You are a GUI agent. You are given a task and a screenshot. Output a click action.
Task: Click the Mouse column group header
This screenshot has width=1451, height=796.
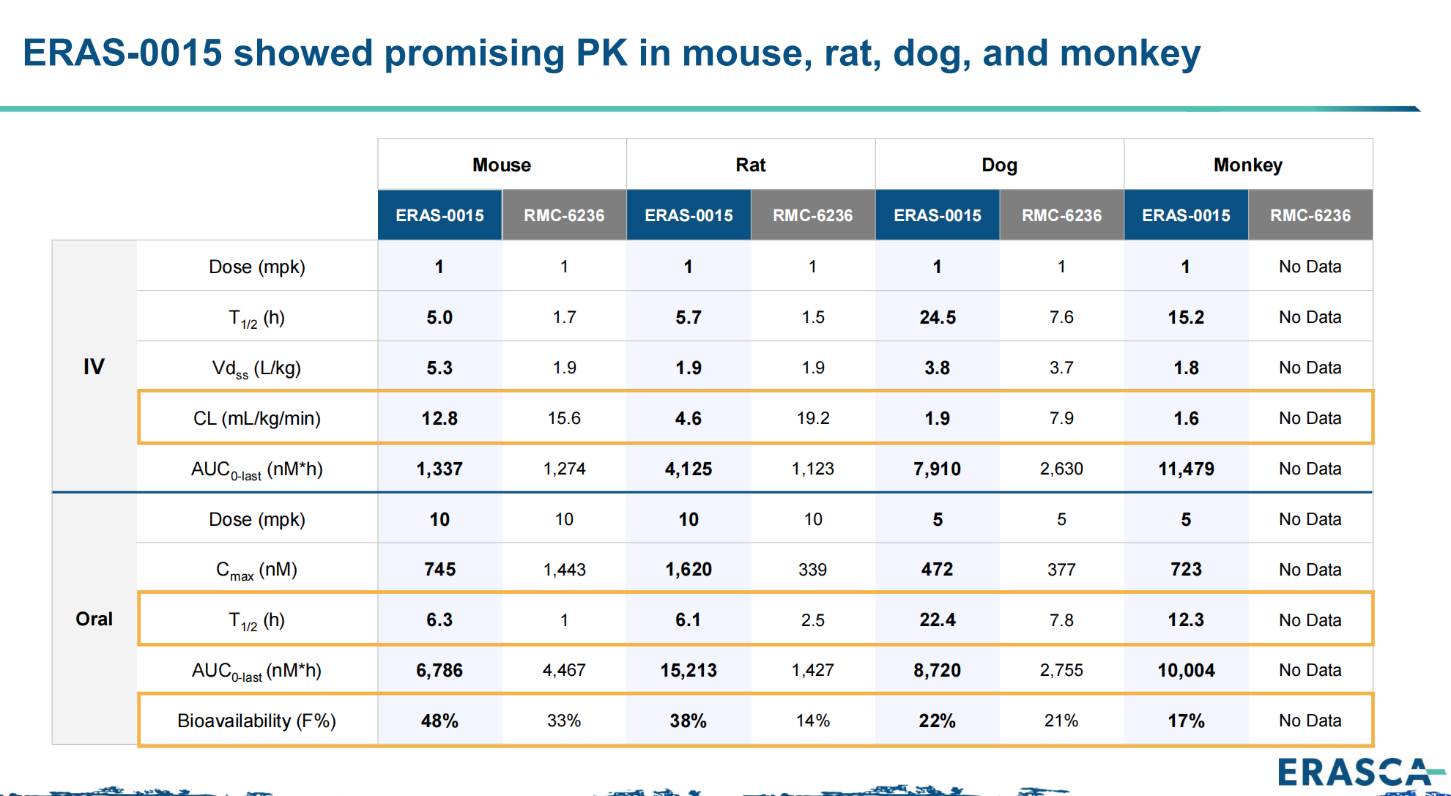point(502,165)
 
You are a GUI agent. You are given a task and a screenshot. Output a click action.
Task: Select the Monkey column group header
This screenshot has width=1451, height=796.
point(1247,165)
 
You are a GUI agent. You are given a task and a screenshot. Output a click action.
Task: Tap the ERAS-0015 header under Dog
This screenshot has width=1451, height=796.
point(937,215)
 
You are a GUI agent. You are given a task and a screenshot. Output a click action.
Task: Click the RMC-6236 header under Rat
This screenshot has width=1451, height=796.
point(812,215)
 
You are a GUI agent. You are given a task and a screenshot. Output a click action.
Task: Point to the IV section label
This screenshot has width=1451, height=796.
point(94,366)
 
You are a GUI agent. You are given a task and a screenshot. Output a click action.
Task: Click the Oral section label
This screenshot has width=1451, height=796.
point(94,619)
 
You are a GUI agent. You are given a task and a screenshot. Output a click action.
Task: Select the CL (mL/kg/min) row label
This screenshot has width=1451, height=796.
point(256,418)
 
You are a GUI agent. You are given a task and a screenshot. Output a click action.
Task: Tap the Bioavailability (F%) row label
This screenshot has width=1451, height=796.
point(256,721)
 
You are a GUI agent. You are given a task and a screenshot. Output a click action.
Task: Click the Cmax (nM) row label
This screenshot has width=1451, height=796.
point(256,570)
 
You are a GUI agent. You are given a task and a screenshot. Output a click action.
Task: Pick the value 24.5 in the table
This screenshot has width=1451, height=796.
point(937,317)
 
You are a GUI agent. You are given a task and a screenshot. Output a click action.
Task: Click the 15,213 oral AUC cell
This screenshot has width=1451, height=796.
point(688,670)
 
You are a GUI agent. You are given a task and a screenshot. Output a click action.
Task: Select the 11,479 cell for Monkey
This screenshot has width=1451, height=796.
point(1186,469)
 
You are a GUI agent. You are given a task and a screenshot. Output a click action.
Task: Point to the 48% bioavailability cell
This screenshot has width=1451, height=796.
point(439,721)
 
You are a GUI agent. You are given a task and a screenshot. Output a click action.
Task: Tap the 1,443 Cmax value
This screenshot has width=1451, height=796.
point(564,570)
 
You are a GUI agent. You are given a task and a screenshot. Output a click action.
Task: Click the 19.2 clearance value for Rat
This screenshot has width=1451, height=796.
point(812,418)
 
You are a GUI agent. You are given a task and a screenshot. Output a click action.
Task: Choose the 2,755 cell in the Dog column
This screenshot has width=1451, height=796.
point(1061,670)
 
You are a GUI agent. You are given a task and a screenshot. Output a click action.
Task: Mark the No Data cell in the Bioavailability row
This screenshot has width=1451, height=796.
point(1310,721)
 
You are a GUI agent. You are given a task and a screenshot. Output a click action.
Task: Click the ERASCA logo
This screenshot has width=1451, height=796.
point(1355,772)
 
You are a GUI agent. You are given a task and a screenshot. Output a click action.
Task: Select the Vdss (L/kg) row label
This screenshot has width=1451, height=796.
point(256,368)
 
